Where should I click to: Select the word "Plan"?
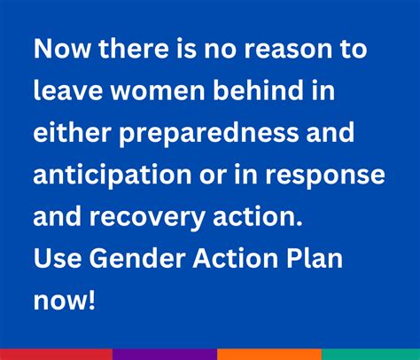point(318,258)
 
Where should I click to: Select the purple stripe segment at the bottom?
point(163,354)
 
